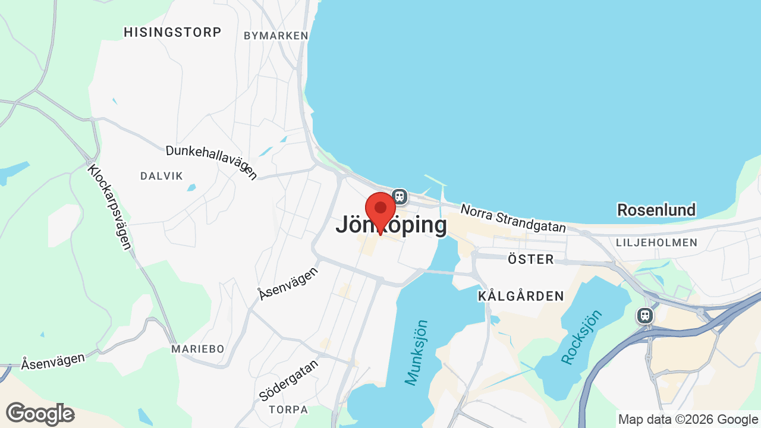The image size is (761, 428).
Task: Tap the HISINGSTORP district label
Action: [x=172, y=32]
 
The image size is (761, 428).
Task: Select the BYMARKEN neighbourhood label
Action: [x=276, y=36]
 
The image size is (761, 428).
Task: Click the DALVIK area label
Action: [x=162, y=176]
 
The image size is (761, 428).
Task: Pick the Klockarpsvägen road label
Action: [x=109, y=207]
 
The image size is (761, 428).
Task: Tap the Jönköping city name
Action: [x=391, y=225]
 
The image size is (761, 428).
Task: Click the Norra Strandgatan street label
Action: [x=512, y=219]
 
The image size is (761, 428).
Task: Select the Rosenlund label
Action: [x=656, y=210]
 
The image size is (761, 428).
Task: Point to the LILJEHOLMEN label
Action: [x=656, y=243]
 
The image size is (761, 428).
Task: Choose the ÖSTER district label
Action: [x=531, y=259]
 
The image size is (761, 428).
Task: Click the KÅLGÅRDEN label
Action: [x=521, y=296]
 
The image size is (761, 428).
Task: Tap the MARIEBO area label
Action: [x=197, y=349]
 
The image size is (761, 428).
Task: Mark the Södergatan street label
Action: [x=289, y=379]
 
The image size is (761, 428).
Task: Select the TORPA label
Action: [x=288, y=410]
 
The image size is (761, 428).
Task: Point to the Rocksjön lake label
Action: [x=581, y=337]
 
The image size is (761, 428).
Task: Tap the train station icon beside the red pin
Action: [x=400, y=196]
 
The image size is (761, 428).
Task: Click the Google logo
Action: [x=40, y=414]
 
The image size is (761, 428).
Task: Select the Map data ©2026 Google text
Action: [x=688, y=419]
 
